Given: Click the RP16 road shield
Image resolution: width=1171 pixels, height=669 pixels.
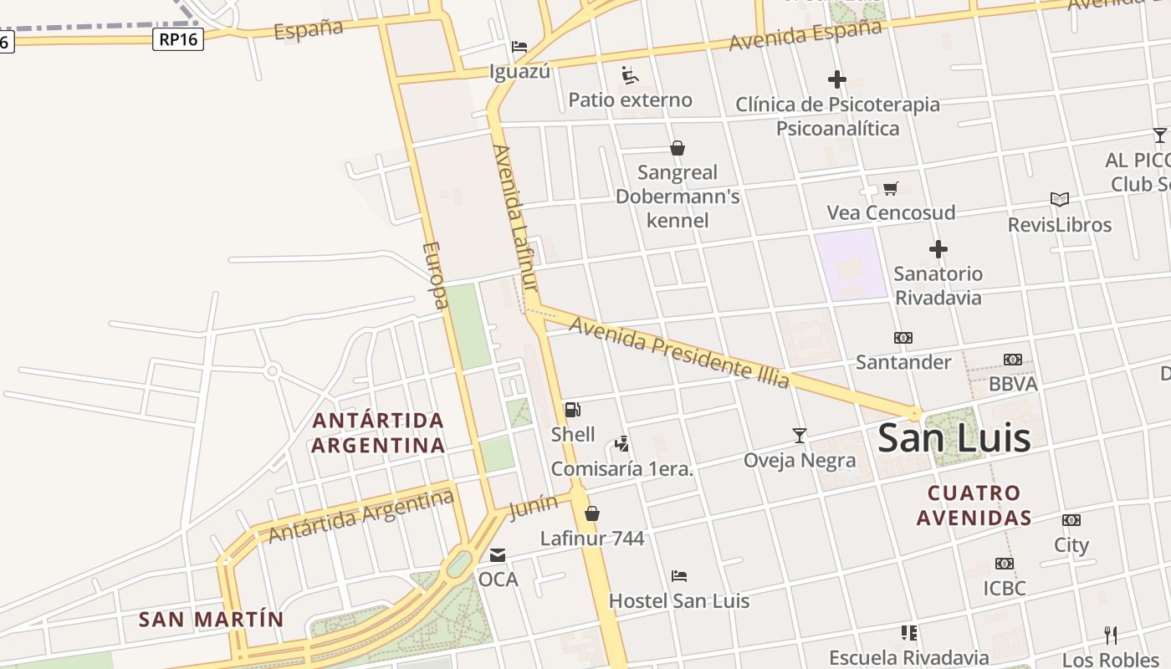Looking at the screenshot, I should pos(178,38).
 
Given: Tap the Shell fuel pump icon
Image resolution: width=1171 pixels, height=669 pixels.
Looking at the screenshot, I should pos(573,410).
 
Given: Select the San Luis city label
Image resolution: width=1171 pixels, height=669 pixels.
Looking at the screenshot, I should pos(954,438).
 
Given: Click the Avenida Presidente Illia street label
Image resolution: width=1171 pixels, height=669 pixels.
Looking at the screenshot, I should pos(678,351).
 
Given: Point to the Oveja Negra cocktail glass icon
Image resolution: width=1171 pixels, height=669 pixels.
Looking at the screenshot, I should pos(800,435).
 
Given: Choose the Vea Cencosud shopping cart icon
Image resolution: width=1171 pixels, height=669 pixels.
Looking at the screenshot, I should pos(891,189).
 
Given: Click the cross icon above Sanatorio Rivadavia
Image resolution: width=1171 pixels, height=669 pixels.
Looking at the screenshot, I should pos(938,249).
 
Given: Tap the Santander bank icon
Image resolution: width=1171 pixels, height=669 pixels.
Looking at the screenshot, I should pos(903,338).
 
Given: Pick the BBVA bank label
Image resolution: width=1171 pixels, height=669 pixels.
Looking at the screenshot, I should pos(1013,384).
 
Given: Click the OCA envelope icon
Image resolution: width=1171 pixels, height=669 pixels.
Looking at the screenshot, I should pos(498,554).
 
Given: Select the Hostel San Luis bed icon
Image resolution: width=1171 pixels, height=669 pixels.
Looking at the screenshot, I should pos(679,576).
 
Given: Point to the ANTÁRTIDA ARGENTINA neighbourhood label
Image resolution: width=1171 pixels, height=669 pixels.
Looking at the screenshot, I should pos(378,432).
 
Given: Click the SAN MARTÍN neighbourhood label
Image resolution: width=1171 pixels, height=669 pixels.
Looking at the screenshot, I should pos(211,620).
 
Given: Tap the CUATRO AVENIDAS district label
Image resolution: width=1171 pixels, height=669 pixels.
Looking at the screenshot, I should pos(974,505).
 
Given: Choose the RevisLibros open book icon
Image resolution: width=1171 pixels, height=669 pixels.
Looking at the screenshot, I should pos(1060,199).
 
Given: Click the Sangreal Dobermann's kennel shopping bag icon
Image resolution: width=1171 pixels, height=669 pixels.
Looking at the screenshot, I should pos(678,148).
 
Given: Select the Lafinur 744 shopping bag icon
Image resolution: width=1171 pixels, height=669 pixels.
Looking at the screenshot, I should pos(592,513).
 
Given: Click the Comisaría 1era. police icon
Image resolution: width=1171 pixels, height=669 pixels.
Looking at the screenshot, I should pos(621,444).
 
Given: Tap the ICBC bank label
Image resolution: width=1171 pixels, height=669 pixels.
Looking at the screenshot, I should pos(1005,588).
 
